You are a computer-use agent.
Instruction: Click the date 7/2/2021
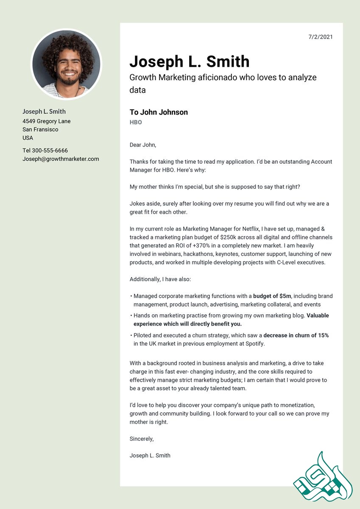click(x=321, y=37)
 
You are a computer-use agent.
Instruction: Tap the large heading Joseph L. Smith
click(x=189, y=62)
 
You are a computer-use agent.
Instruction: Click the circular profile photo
click(x=67, y=64)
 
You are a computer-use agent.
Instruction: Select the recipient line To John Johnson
click(x=159, y=112)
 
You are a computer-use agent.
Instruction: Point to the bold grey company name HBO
click(x=136, y=122)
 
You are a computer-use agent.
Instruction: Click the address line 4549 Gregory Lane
click(x=47, y=121)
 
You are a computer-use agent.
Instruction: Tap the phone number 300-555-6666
click(x=50, y=151)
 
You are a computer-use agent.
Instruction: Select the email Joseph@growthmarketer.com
click(x=61, y=159)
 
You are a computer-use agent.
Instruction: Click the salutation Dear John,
click(x=143, y=145)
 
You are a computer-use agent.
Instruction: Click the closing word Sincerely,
click(x=142, y=439)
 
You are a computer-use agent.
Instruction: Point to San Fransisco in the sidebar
click(x=40, y=129)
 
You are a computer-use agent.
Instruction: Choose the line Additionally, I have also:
click(x=160, y=279)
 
